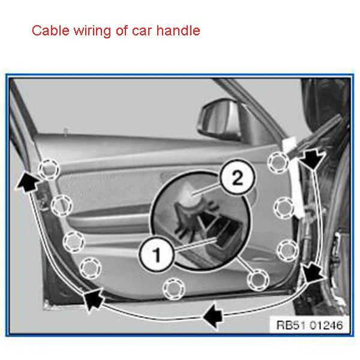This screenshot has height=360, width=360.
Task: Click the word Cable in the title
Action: click(x=49, y=31)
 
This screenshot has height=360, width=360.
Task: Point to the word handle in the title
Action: click(x=179, y=31)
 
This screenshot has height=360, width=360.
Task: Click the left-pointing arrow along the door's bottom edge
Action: click(x=211, y=312)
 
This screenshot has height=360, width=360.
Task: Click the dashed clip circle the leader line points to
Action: click(x=258, y=278)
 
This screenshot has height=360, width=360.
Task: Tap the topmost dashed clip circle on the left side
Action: click(x=48, y=169)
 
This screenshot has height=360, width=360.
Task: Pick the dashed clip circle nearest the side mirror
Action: click(x=278, y=160)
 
